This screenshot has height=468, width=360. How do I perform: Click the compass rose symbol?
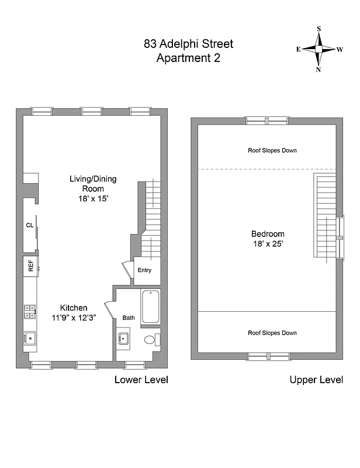pos(319,49)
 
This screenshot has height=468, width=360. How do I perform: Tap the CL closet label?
pos(29,225)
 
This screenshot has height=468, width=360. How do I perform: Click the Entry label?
pos(144,270)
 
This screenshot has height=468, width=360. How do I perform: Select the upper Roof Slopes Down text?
pos(272,150)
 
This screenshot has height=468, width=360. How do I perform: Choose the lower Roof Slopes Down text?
pos(272,333)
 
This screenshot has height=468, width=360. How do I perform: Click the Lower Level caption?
pos(141,380)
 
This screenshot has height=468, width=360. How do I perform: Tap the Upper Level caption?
pos(316,380)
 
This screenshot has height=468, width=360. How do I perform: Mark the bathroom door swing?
pos(109,310)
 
